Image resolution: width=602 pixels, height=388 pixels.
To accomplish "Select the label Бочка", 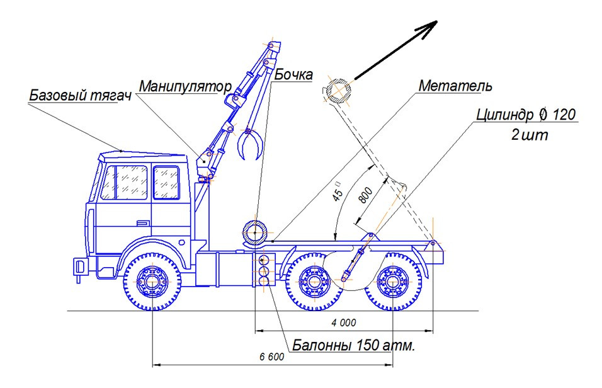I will click(x=294, y=75).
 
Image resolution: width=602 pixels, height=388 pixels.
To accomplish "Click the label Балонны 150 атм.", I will click(x=355, y=346).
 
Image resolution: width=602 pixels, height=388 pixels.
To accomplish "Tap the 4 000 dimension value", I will click(x=344, y=322).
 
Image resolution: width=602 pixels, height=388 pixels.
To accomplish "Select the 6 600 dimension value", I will click(x=272, y=356).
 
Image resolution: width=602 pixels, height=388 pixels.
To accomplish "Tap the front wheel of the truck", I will click(x=152, y=281).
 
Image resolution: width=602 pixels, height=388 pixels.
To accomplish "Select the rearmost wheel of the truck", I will click(x=394, y=281).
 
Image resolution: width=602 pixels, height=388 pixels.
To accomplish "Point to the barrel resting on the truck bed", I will click(x=255, y=231).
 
